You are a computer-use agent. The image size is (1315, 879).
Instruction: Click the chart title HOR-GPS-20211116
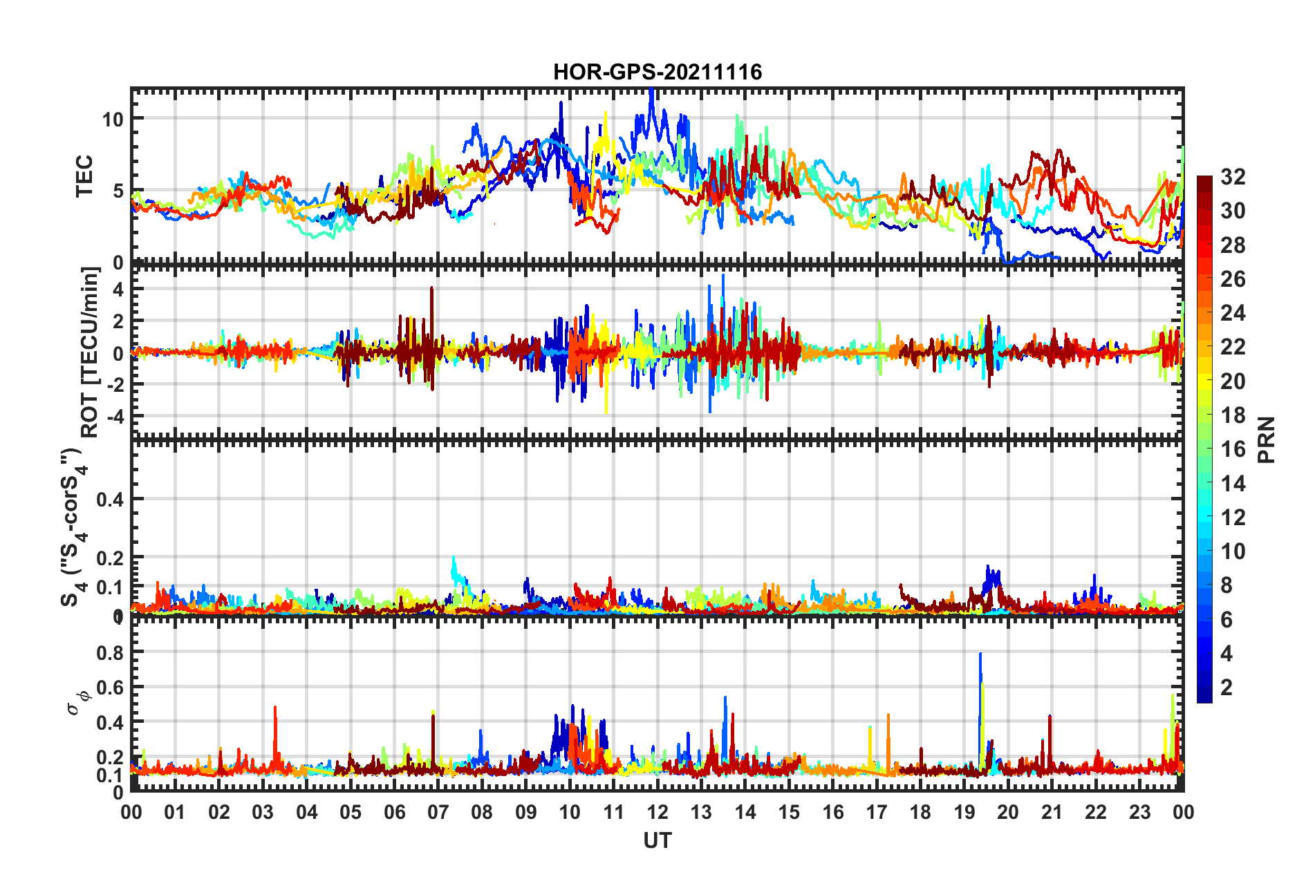coord(657,72)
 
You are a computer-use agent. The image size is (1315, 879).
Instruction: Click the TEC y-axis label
coord(84,176)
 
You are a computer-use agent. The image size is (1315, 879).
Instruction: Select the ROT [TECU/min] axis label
coord(89,352)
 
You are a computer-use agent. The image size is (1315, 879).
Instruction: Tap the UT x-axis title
coord(657,840)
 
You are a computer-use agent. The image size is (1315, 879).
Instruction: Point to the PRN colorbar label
coord(1267,440)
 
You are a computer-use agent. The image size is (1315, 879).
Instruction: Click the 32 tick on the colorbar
coord(1232,177)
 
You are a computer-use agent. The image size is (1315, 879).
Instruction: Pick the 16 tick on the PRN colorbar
coord(1232,449)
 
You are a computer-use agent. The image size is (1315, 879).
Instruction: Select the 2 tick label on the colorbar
coord(1227,687)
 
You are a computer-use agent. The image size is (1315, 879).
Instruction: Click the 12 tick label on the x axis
coord(657,812)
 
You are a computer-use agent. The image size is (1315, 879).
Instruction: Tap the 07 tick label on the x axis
coord(438,812)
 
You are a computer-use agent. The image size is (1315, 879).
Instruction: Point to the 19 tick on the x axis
coord(964,812)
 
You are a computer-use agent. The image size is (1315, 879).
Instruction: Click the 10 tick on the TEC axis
coord(113,119)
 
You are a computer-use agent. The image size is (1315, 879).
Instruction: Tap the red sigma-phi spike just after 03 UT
coord(275,708)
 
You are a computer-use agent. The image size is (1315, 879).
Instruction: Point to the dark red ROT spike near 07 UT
coord(431,289)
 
